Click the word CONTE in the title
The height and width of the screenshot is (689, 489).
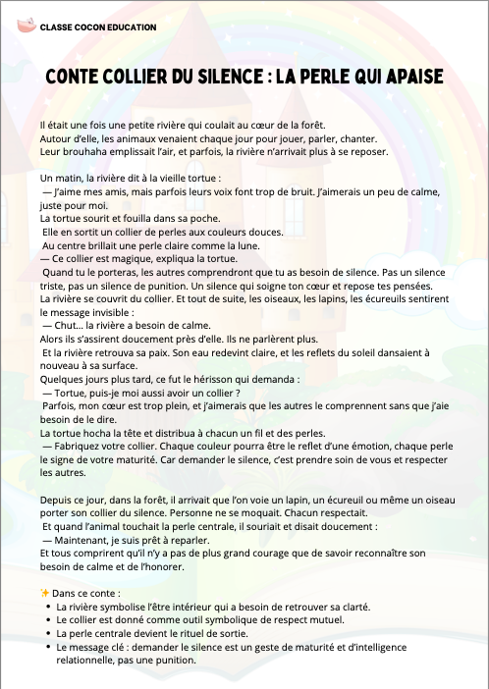pyautogui.click(x=78, y=77)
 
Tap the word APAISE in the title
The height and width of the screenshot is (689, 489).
pyautogui.click(x=410, y=77)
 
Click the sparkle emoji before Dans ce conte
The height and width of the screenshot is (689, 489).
pyautogui.click(x=44, y=593)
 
